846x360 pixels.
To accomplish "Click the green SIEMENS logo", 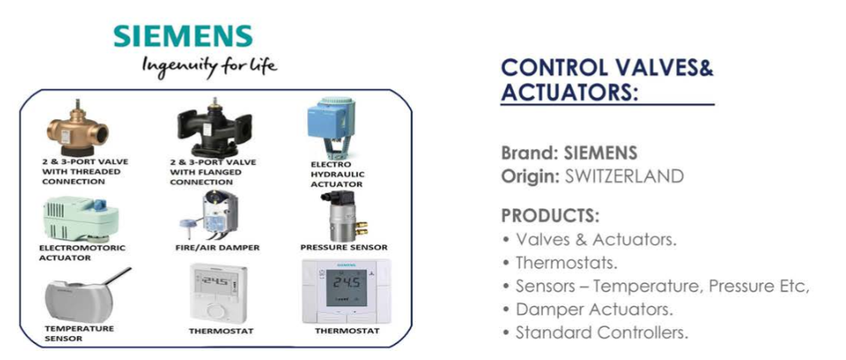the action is point(184,36).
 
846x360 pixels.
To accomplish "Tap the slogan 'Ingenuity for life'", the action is point(209,68).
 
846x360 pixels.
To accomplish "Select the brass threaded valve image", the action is point(76,128).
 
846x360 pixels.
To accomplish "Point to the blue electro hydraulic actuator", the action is point(330,127).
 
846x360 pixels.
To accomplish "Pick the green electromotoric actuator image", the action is point(79,219).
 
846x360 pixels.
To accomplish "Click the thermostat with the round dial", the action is point(219,294).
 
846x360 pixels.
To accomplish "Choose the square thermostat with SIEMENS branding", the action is point(345,292).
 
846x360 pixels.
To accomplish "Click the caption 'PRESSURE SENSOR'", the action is point(344,247).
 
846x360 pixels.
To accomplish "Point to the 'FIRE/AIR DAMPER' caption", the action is point(218,247).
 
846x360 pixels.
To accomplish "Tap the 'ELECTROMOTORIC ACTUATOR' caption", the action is point(82,252).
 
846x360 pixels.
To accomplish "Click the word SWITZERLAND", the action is point(624,176).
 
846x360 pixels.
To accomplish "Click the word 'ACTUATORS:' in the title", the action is point(570,92).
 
